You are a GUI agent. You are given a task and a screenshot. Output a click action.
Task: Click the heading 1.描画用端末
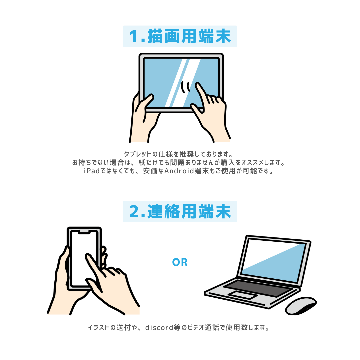[180, 36]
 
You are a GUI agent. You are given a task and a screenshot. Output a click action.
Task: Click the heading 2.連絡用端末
[180, 211]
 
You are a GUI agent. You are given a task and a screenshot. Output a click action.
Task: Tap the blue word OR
[180, 262]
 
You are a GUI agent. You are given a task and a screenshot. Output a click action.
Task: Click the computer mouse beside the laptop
[301, 306]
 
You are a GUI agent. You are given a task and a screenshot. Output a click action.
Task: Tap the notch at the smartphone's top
[84, 232]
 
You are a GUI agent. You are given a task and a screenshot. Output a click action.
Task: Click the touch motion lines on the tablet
[186, 87]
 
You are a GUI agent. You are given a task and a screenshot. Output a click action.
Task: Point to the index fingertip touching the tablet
[198, 85]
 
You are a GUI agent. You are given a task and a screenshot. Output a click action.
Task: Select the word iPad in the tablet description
[92, 171]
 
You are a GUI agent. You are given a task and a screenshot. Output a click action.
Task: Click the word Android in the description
[179, 171]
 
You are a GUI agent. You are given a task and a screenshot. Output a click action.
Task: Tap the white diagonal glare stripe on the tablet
[177, 83]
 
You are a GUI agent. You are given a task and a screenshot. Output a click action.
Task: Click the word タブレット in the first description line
[138, 154]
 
